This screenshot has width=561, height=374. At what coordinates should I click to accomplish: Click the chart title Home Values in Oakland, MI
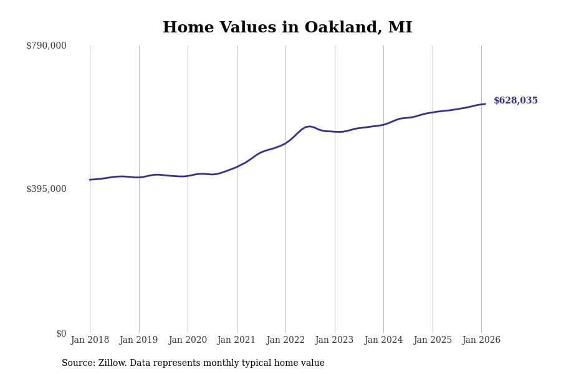[287, 28]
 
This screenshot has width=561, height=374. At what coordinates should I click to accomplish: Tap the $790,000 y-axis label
[46, 46]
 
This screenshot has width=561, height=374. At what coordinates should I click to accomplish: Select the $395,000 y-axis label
[46, 189]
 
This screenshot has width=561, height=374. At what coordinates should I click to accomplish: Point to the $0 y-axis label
[61, 333]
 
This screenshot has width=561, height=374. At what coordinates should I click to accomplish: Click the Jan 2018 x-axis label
[90, 340]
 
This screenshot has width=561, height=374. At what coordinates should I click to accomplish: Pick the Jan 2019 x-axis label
[138, 340]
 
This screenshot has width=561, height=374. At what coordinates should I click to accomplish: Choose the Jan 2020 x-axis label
[188, 340]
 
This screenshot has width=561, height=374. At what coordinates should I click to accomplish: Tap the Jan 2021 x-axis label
[236, 340]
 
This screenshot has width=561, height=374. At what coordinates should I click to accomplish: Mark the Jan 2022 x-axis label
[285, 340]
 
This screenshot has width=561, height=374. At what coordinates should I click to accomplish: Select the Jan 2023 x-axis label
[334, 340]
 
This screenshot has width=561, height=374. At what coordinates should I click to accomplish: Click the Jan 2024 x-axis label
[383, 340]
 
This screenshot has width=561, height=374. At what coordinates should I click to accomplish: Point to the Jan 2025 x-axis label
[432, 340]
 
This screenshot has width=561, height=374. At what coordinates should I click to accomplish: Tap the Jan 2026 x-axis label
[481, 340]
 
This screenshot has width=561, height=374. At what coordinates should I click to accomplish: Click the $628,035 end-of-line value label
[515, 101]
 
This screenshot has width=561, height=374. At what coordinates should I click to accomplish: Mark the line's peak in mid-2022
[309, 127]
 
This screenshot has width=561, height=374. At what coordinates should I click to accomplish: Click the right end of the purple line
[485, 104]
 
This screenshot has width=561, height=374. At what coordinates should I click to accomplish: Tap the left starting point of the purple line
[90, 180]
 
